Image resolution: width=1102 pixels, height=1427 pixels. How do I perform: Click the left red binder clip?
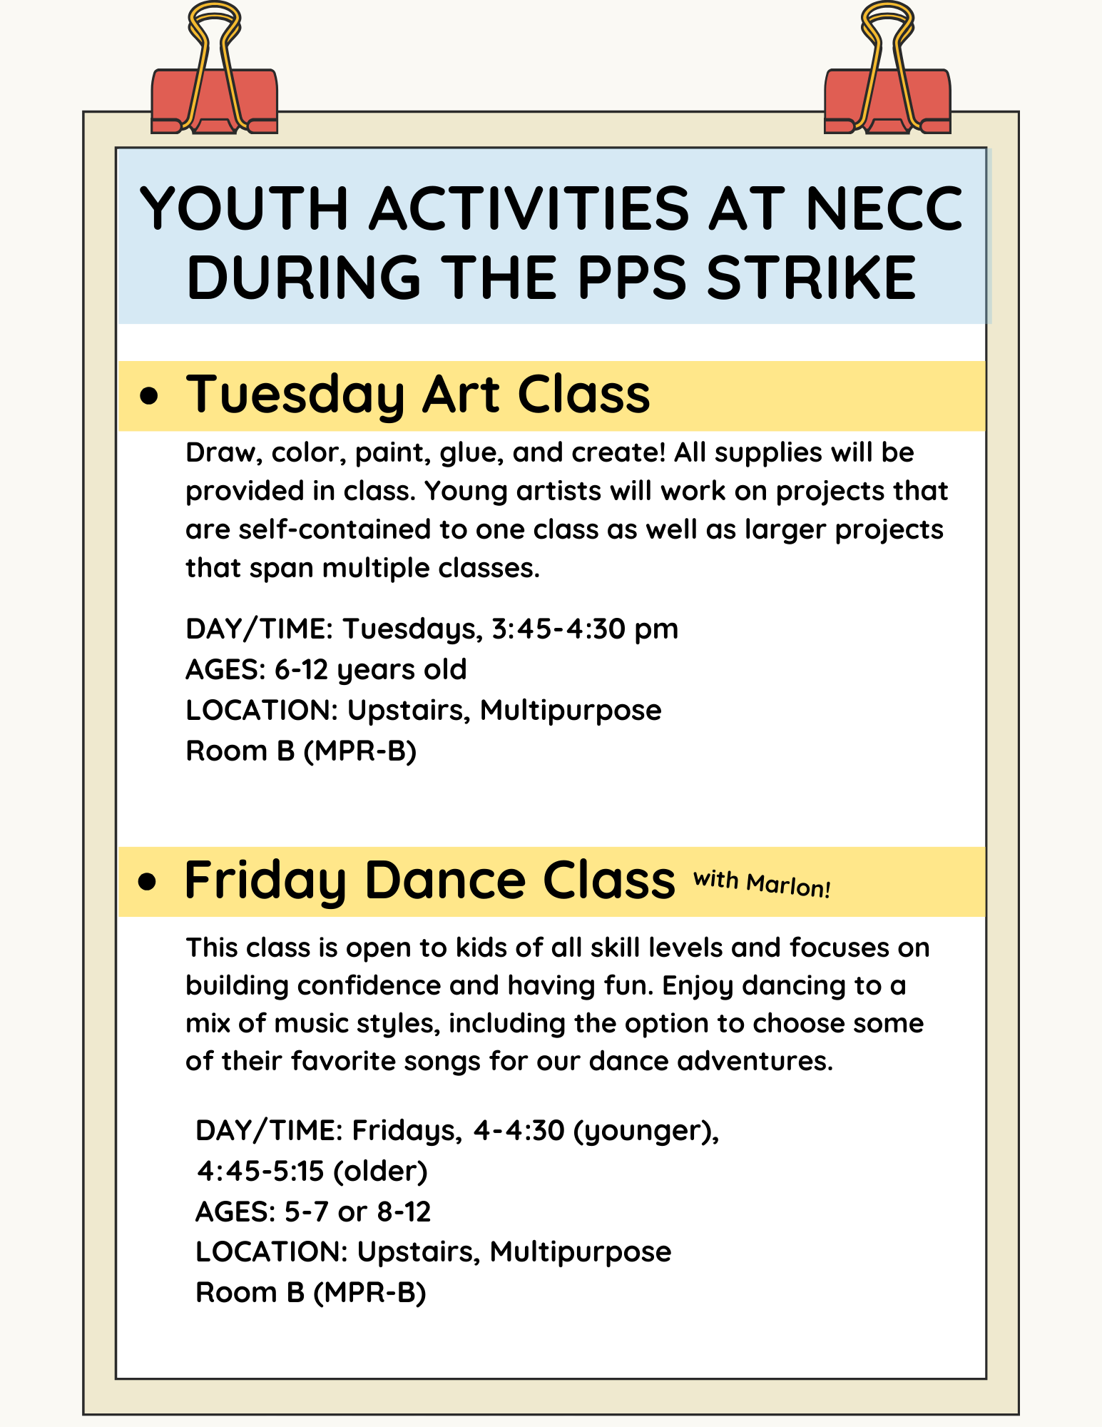(214, 100)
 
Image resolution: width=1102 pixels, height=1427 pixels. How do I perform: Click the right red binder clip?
(887, 100)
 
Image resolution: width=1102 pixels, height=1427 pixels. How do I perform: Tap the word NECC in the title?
(884, 209)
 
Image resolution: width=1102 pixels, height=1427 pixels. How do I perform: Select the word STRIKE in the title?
(810, 278)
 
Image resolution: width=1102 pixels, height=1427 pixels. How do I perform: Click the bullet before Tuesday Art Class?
(148, 396)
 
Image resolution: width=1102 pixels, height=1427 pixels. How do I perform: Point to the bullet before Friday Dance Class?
(147, 882)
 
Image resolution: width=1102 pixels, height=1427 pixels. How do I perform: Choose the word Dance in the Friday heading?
(445, 880)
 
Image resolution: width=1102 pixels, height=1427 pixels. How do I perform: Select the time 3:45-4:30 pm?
(585, 629)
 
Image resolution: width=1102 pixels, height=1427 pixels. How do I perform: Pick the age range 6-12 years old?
(370, 669)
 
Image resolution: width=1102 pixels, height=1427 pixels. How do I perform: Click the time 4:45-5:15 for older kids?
(260, 1171)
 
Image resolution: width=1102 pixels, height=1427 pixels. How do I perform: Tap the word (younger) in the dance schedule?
(646, 1130)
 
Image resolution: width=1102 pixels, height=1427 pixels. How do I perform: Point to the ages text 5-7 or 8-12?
(357, 1212)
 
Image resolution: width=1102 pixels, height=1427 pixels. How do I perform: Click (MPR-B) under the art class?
(360, 751)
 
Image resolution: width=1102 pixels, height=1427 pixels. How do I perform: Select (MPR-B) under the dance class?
(369, 1292)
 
